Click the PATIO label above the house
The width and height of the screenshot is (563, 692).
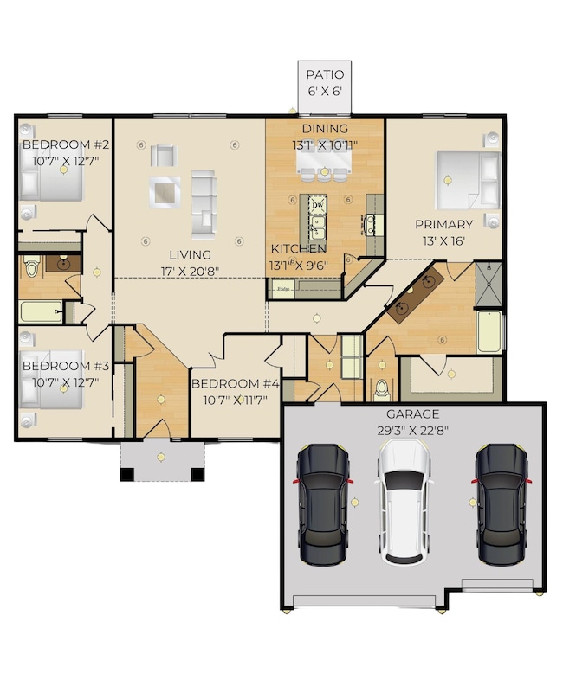pos(324,75)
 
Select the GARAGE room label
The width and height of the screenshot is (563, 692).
pos(412,413)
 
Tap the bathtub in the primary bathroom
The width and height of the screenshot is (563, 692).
pos(489,331)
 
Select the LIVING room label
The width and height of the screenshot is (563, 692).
pos(190,254)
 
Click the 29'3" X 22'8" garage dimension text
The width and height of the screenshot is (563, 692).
pos(412,430)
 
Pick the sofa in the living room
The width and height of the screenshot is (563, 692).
pos(204,204)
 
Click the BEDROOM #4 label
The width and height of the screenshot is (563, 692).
pos(236,383)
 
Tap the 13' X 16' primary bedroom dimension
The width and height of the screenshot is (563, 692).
pos(444,241)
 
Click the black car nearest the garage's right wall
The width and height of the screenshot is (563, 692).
pos(501,502)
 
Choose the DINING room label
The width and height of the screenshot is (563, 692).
pos(325,130)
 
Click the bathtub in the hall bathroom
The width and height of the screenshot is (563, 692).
pos(41,312)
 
